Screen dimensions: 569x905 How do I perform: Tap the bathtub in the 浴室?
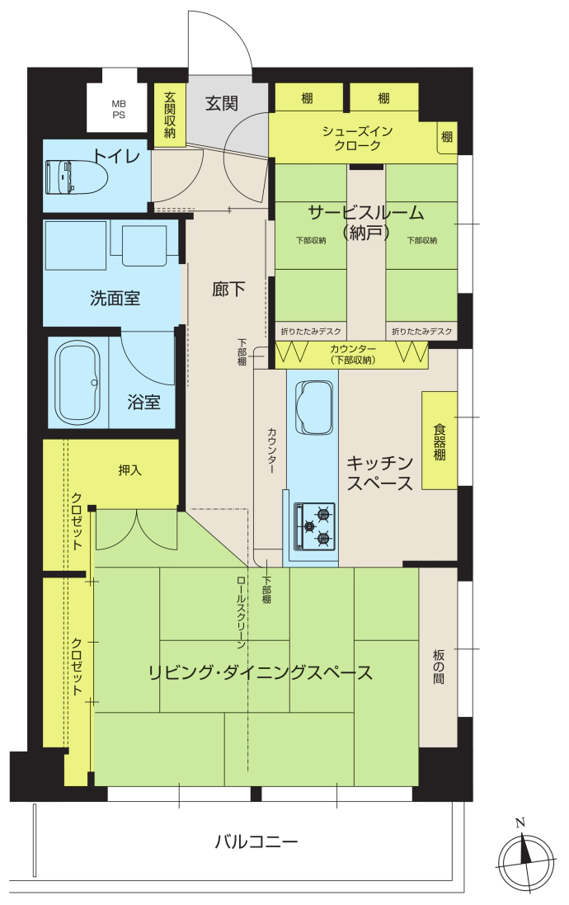(x=78, y=384)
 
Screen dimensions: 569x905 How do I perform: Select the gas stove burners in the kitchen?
(x=315, y=526)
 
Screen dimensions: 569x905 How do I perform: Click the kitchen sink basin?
(x=314, y=408)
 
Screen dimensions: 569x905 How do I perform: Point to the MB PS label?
(x=118, y=109)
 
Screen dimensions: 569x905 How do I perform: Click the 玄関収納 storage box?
(x=170, y=115)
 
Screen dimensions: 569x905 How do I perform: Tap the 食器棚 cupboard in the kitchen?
(x=440, y=441)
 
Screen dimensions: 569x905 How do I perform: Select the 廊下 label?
(x=228, y=289)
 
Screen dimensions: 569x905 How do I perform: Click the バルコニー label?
(x=256, y=841)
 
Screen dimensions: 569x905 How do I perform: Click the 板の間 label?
(x=439, y=667)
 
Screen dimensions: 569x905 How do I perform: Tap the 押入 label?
(x=129, y=470)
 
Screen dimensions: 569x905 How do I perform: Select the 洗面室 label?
(x=115, y=298)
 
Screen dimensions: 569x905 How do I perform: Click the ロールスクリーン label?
(x=241, y=612)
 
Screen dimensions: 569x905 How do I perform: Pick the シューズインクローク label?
(x=357, y=138)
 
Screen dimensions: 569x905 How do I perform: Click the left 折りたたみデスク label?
(x=311, y=332)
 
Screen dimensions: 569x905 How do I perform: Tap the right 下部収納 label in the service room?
(x=422, y=240)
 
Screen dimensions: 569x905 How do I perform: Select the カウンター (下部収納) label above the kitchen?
(x=353, y=355)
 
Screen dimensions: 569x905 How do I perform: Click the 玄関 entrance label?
(x=222, y=103)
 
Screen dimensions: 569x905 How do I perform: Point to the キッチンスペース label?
(x=379, y=473)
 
